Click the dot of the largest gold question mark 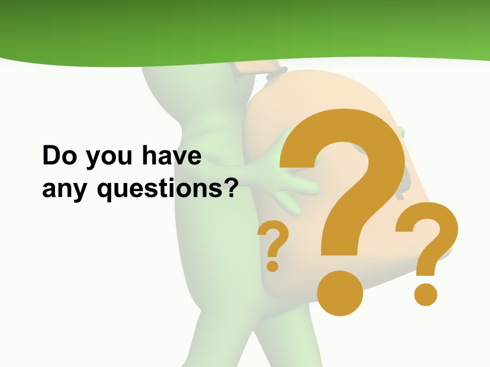tap(339, 294)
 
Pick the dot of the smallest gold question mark tap(273, 266)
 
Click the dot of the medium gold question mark tap(425, 294)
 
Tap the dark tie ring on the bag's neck tap(276, 73)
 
